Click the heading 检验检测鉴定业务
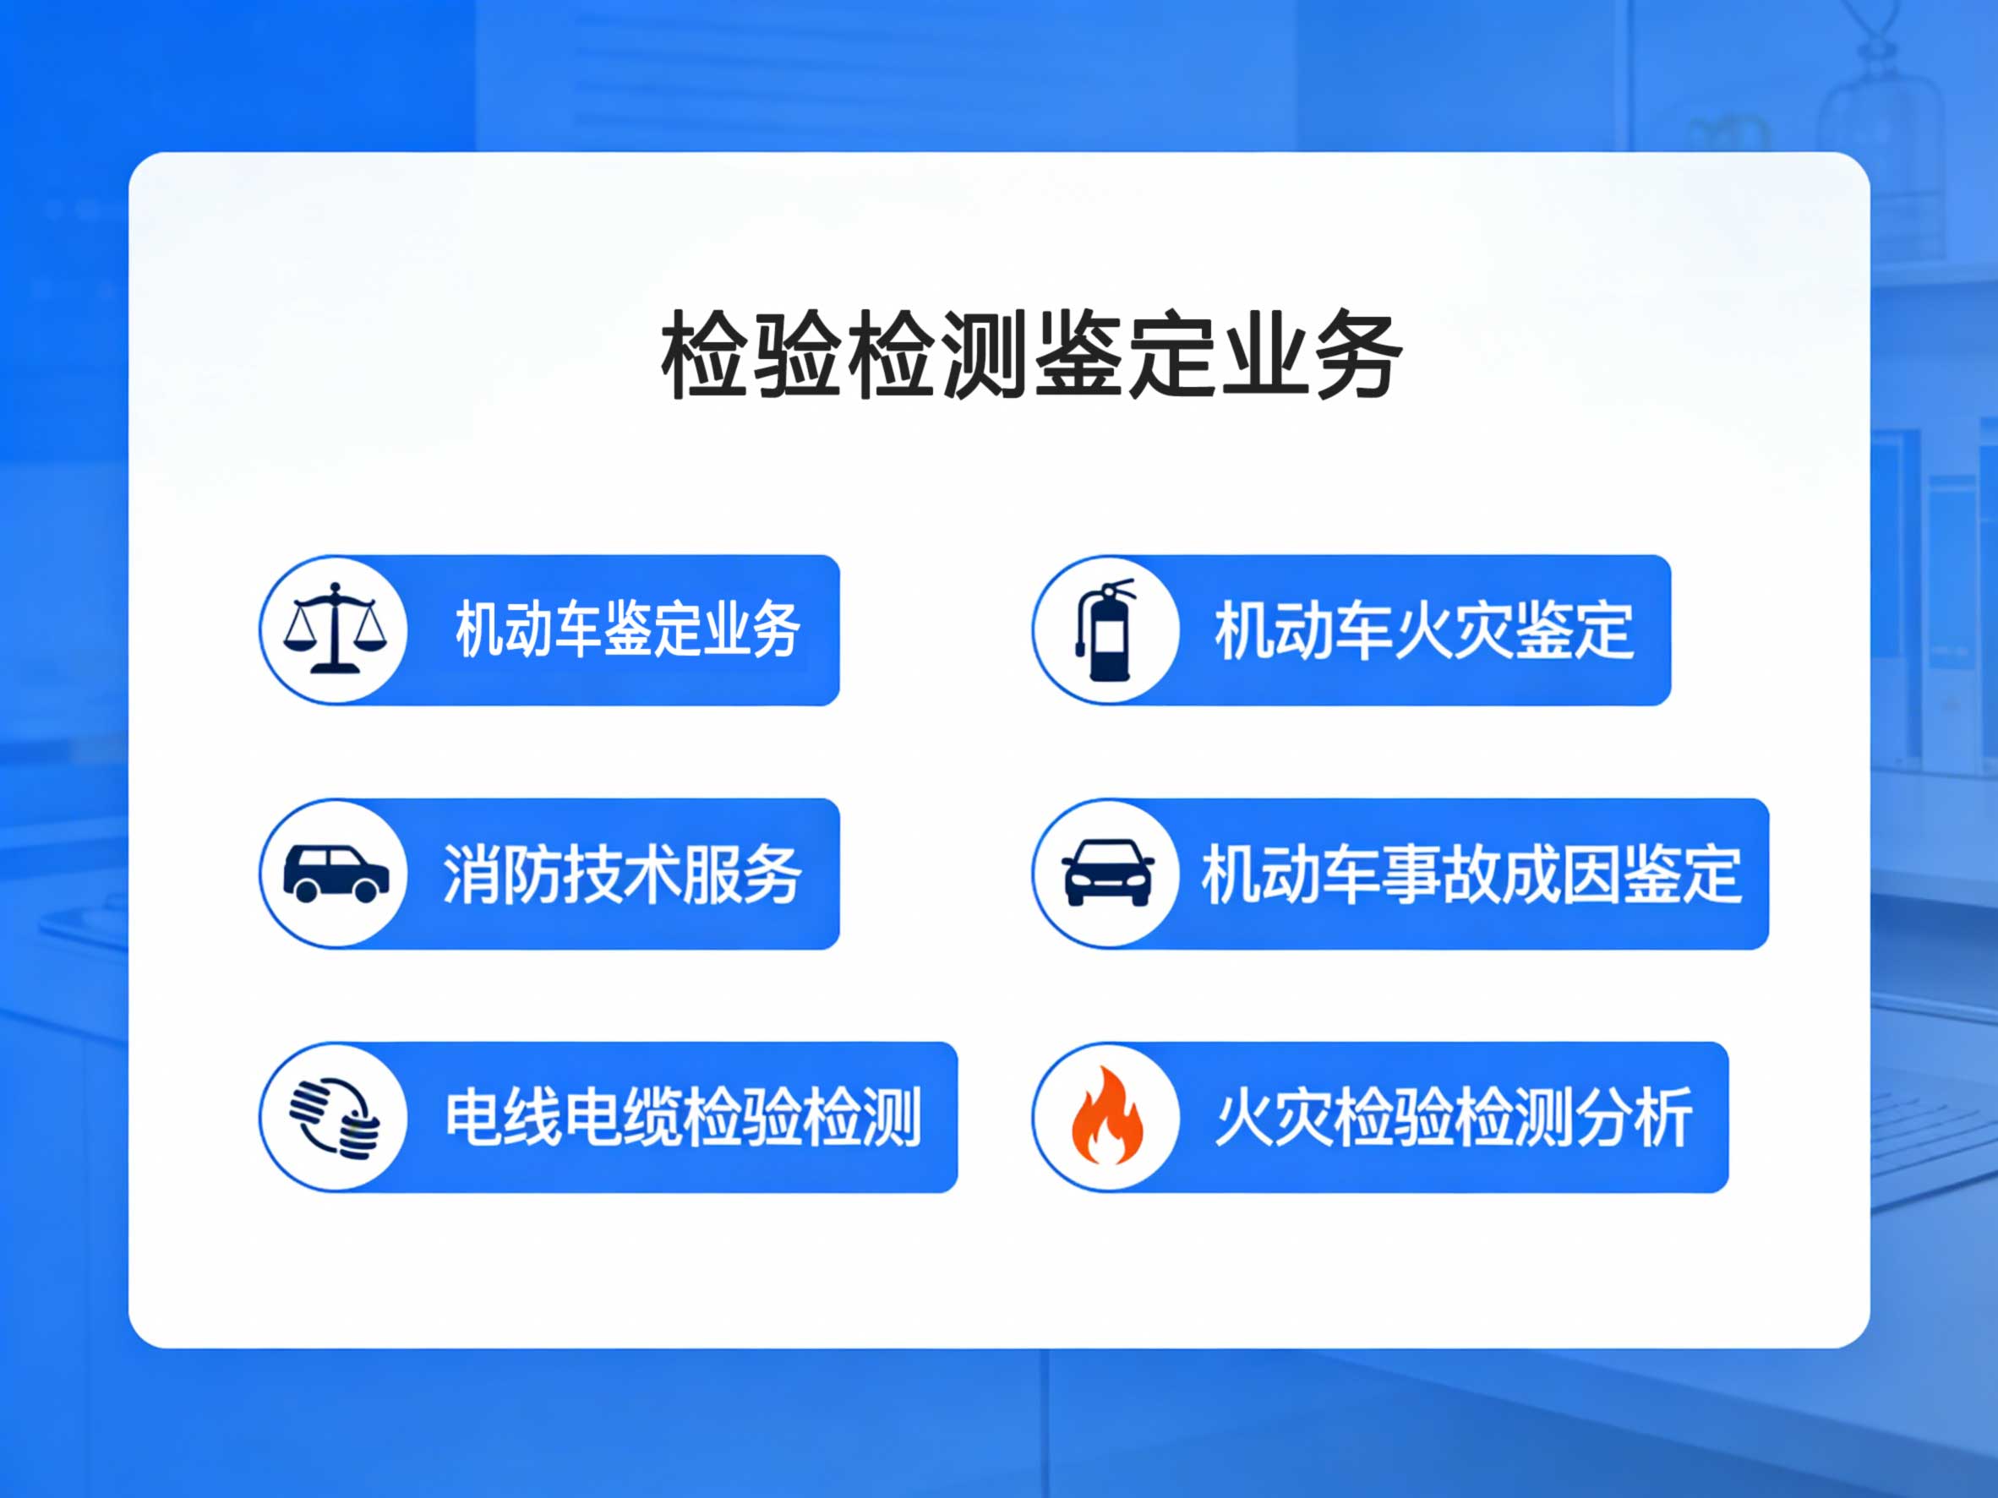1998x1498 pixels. click(x=1031, y=355)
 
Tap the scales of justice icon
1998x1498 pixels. click(x=334, y=629)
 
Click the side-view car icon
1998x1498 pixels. click(x=336, y=873)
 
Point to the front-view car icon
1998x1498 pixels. click(x=1107, y=872)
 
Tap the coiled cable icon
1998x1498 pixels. click(x=335, y=1118)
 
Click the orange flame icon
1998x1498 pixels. click(x=1106, y=1115)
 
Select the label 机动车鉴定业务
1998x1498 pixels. click(x=628, y=629)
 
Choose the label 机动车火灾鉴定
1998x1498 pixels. click(x=1424, y=630)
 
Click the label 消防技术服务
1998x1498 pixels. click(x=622, y=874)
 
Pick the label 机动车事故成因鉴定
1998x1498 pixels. click(x=1471, y=874)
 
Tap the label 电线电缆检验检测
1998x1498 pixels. click(x=683, y=1118)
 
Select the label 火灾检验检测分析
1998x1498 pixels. click(x=1454, y=1118)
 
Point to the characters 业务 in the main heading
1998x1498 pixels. click(x=1311, y=355)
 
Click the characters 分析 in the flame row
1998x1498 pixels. click(x=1634, y=1118)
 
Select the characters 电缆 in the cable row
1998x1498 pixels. click(x=624, y=1118)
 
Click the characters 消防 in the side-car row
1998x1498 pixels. click(x=502, y=874)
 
